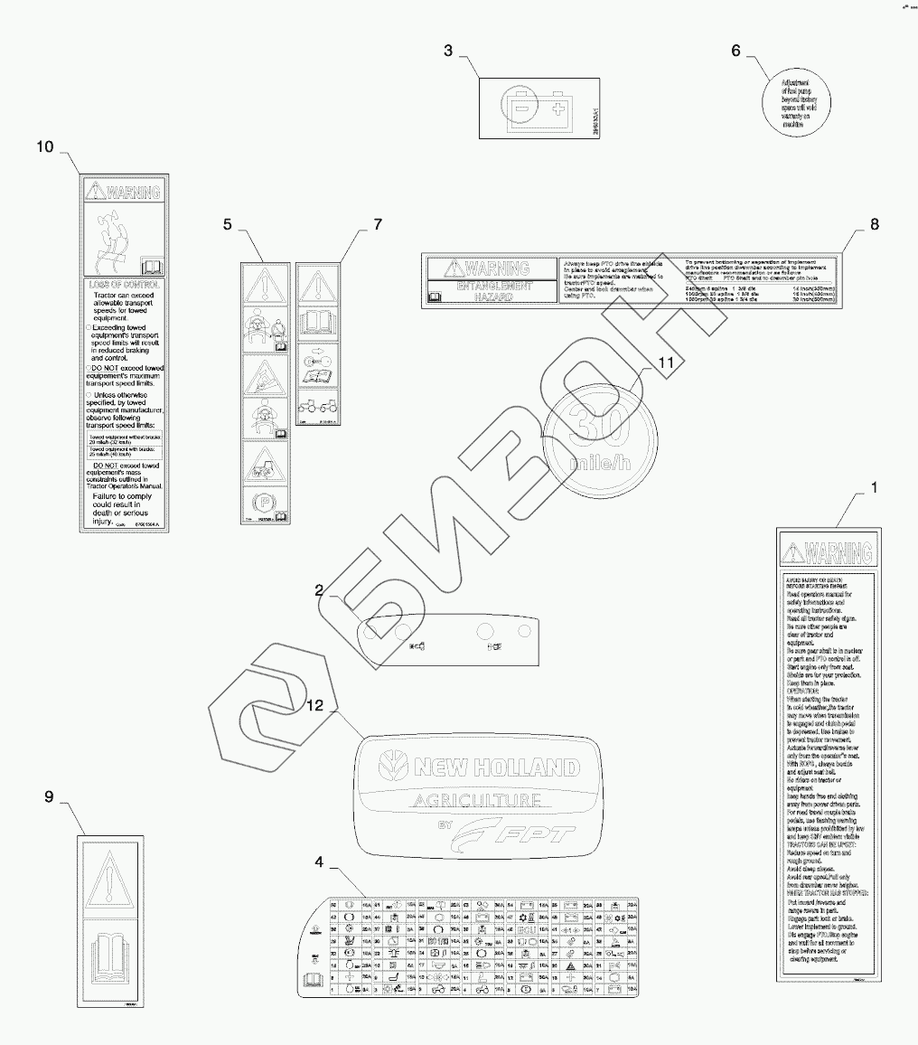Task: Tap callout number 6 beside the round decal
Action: [x=735, y=51]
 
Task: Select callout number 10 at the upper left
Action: [x=45, y=146]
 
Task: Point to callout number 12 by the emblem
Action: [x=315, y=705]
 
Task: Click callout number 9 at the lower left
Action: [x=50, y=796]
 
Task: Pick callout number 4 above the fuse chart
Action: [x=318, y=861]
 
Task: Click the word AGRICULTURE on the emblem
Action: [x=477, y=800]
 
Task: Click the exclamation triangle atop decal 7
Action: [x=317, y=288]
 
